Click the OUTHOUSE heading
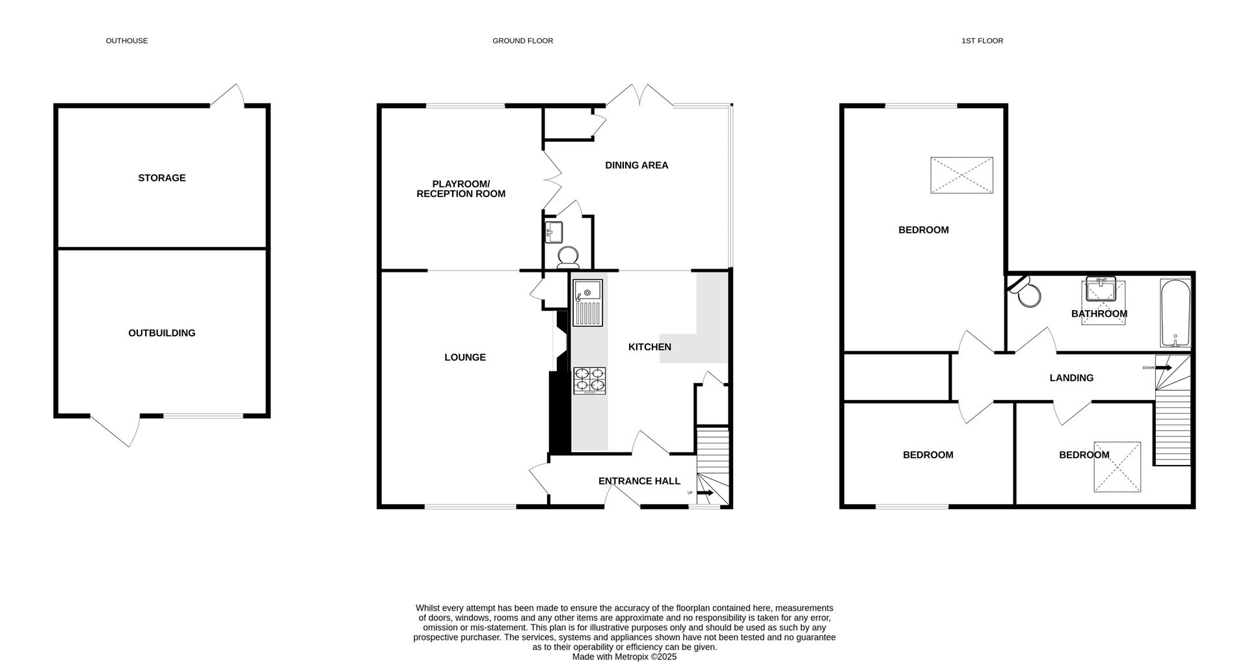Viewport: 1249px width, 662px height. click(127, 41)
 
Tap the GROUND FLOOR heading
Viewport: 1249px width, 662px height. click(522, 41)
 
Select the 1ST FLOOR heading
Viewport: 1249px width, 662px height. click(982, 41)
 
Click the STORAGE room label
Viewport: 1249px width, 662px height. click(162, 178)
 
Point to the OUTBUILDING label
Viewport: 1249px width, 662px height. click(162, 333)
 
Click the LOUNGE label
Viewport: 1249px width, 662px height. click(465, 357)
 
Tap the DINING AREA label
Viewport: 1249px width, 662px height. click(636, 165)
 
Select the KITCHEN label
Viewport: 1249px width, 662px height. click(649, 347)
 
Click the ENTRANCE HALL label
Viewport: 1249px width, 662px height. click(639, 481)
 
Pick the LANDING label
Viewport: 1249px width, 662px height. click(1071, 378)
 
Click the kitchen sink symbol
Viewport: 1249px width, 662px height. click(587, 302)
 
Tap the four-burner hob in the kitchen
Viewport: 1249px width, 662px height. click(589, 380)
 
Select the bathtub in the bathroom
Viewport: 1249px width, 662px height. click(1175, 313)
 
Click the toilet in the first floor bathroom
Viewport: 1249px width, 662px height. click(1027, 295)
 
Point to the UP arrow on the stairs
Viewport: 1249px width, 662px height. click(705, 494)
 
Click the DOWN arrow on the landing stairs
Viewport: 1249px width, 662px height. click(1163, 368)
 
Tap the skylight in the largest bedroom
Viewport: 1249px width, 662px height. click(961, 175)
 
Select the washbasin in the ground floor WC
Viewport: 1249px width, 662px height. click(554, 231)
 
